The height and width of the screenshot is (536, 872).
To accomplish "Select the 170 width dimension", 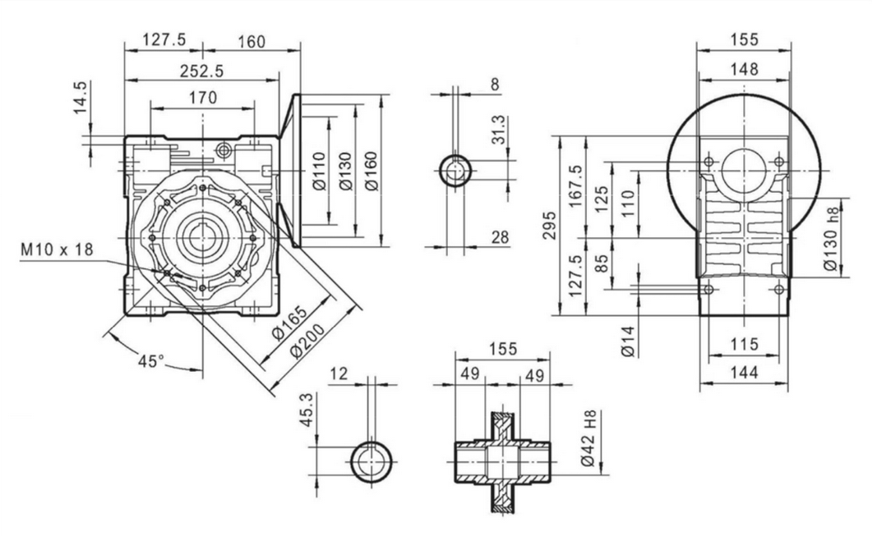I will pos(202,98).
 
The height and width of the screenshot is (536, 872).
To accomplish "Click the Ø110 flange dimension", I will pos(321,172).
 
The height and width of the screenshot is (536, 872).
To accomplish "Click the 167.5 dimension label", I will pos(575,186).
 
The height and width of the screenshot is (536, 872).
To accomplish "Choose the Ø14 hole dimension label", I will pos(627,340).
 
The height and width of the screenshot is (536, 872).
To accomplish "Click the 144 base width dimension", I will pos(744,372).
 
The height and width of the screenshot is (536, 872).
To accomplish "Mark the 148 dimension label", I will pos(744,70).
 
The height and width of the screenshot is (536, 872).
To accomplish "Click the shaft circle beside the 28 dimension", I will pos(454,171).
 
